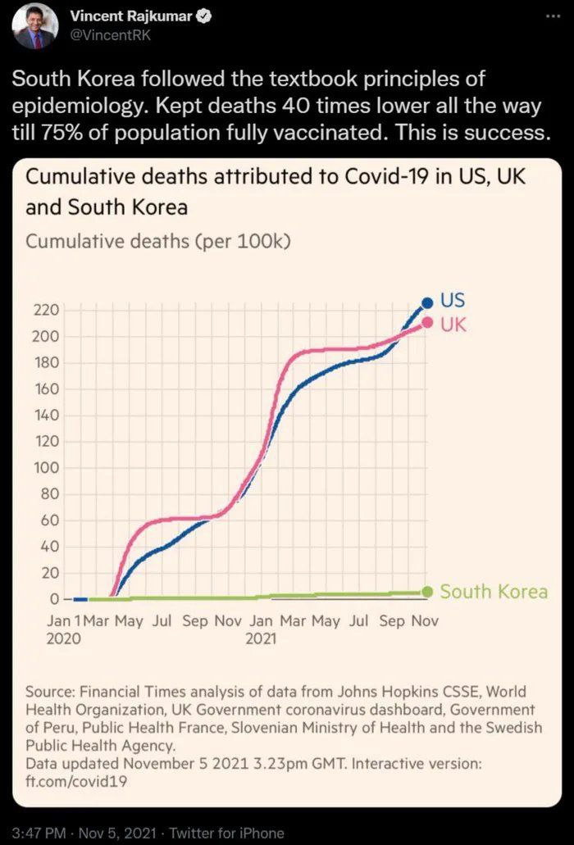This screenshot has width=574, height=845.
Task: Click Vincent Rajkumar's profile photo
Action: point(35,25)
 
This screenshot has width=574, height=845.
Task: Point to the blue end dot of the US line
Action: point(426,303)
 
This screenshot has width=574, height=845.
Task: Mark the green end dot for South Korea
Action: point(427,592)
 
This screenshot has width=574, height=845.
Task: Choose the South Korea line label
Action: point(494,592)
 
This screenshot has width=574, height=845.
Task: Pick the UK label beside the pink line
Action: point(453,325)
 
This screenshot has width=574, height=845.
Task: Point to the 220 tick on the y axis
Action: point(46,311)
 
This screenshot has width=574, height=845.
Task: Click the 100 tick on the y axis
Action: point(46,468)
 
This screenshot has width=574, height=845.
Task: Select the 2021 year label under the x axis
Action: point(261,638)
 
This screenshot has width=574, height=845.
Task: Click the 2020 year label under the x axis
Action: point(64,638)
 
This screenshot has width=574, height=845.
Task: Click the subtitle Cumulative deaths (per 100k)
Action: point(158,242)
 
